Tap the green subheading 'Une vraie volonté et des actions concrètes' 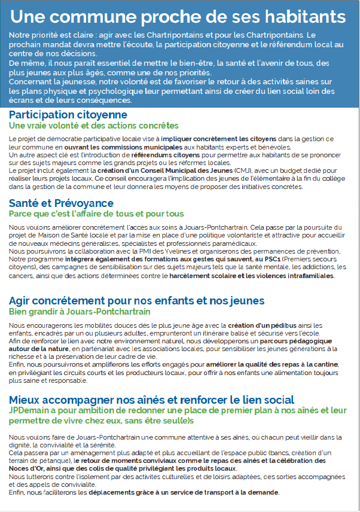click(93, 126)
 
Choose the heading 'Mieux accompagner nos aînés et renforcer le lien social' click(151, 400)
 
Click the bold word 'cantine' click(325, 364)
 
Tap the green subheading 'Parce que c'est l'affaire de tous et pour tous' click(96, 214)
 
